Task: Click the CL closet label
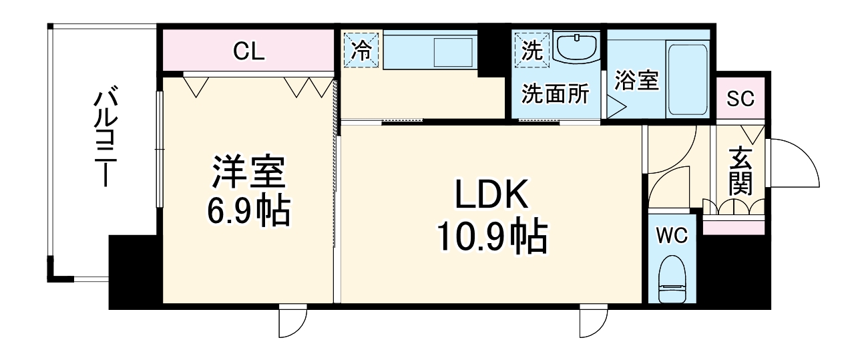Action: pyautogui.click(x=248, y=51)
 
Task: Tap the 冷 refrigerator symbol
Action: pyautogui.click(x=361, y=51)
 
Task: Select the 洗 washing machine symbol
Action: pyautogui.click(x=532, y=51)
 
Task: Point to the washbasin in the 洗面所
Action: pyautogui.click(x=576, y=49)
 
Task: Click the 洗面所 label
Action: pyautogui.click(x=556, y=94)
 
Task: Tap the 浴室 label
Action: pyautogui.click(x=636, y=81)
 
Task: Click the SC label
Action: pyautogui.click(x=740, y=99)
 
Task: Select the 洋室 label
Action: pyautogui.click(x=248, y=174)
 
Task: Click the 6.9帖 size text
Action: pyautogui.click(x=248, y=211)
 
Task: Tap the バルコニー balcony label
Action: pyautogui.click(x=102, y=138)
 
